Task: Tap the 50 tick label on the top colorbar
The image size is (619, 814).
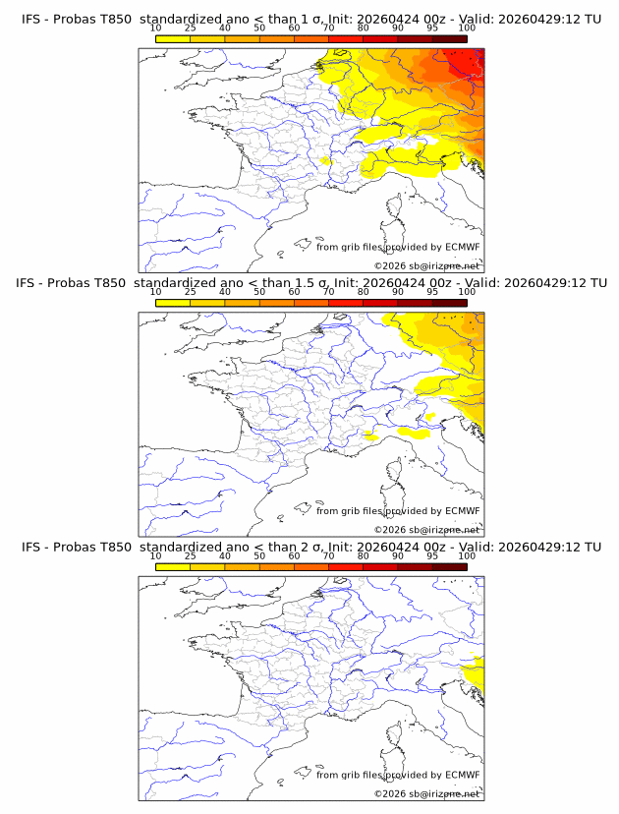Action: pyautogui.click(x=259, y=29)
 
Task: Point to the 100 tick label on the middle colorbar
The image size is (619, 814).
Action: pyautogui.click(x=467, y=292)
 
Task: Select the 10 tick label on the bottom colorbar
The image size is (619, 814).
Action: pyautogui.click(x=155, y=556)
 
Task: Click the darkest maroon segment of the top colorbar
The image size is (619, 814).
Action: pyautogui.click(x=450, y=39)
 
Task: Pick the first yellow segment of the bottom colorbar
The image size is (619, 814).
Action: pyautogui.click(x=173, y=567)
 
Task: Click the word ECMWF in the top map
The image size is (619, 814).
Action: pyautogui.click(x=463, y=247)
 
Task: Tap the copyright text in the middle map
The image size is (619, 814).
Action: pyautogui.click(x=426, y=530)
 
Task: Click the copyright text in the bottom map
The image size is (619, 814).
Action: pyautogui.click(x=426, y=793)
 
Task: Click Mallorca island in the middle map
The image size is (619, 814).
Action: pyautogui.click(x=303, y=507)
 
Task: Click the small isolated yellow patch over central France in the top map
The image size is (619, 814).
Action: pyautogui.click(x=325, y=161)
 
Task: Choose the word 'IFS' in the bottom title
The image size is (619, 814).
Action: pyautogui.click(x=30, y=548)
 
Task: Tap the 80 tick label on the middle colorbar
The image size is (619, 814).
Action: pyautogui.click(x=364, y=292)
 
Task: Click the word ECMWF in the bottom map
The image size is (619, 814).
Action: pyautogui.click(x=463, y=775)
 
